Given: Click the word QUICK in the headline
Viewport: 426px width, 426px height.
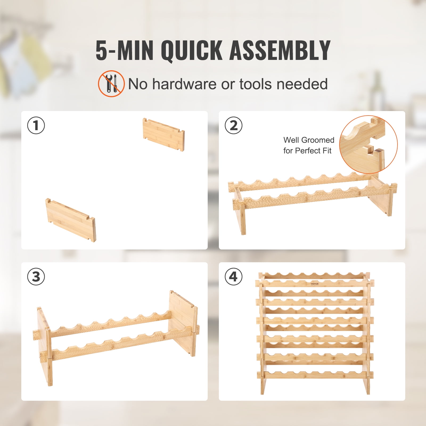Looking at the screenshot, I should click(191, 51).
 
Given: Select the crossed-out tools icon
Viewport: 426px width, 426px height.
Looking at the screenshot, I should click(111, 84).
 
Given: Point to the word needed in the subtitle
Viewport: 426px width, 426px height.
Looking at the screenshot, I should click(302, 84).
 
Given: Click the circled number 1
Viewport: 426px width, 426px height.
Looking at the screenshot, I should click(36, 125).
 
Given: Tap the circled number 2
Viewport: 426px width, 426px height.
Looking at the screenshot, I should click(233, 125).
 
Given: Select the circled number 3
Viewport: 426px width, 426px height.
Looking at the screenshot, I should click(36, 276).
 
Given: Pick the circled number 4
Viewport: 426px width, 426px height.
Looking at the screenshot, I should click(233, 276).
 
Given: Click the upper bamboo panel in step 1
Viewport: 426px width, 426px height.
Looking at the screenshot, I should click(163, 134).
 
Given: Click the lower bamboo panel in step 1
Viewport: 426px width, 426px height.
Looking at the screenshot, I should click(71, 220).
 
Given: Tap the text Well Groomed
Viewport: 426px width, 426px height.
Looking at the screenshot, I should click(309, 140).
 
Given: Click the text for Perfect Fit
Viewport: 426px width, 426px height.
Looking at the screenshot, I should click(307, 151).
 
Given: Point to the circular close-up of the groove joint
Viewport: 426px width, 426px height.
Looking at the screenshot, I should click(368, 145).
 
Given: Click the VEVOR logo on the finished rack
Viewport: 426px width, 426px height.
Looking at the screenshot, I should click(314, 284).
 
